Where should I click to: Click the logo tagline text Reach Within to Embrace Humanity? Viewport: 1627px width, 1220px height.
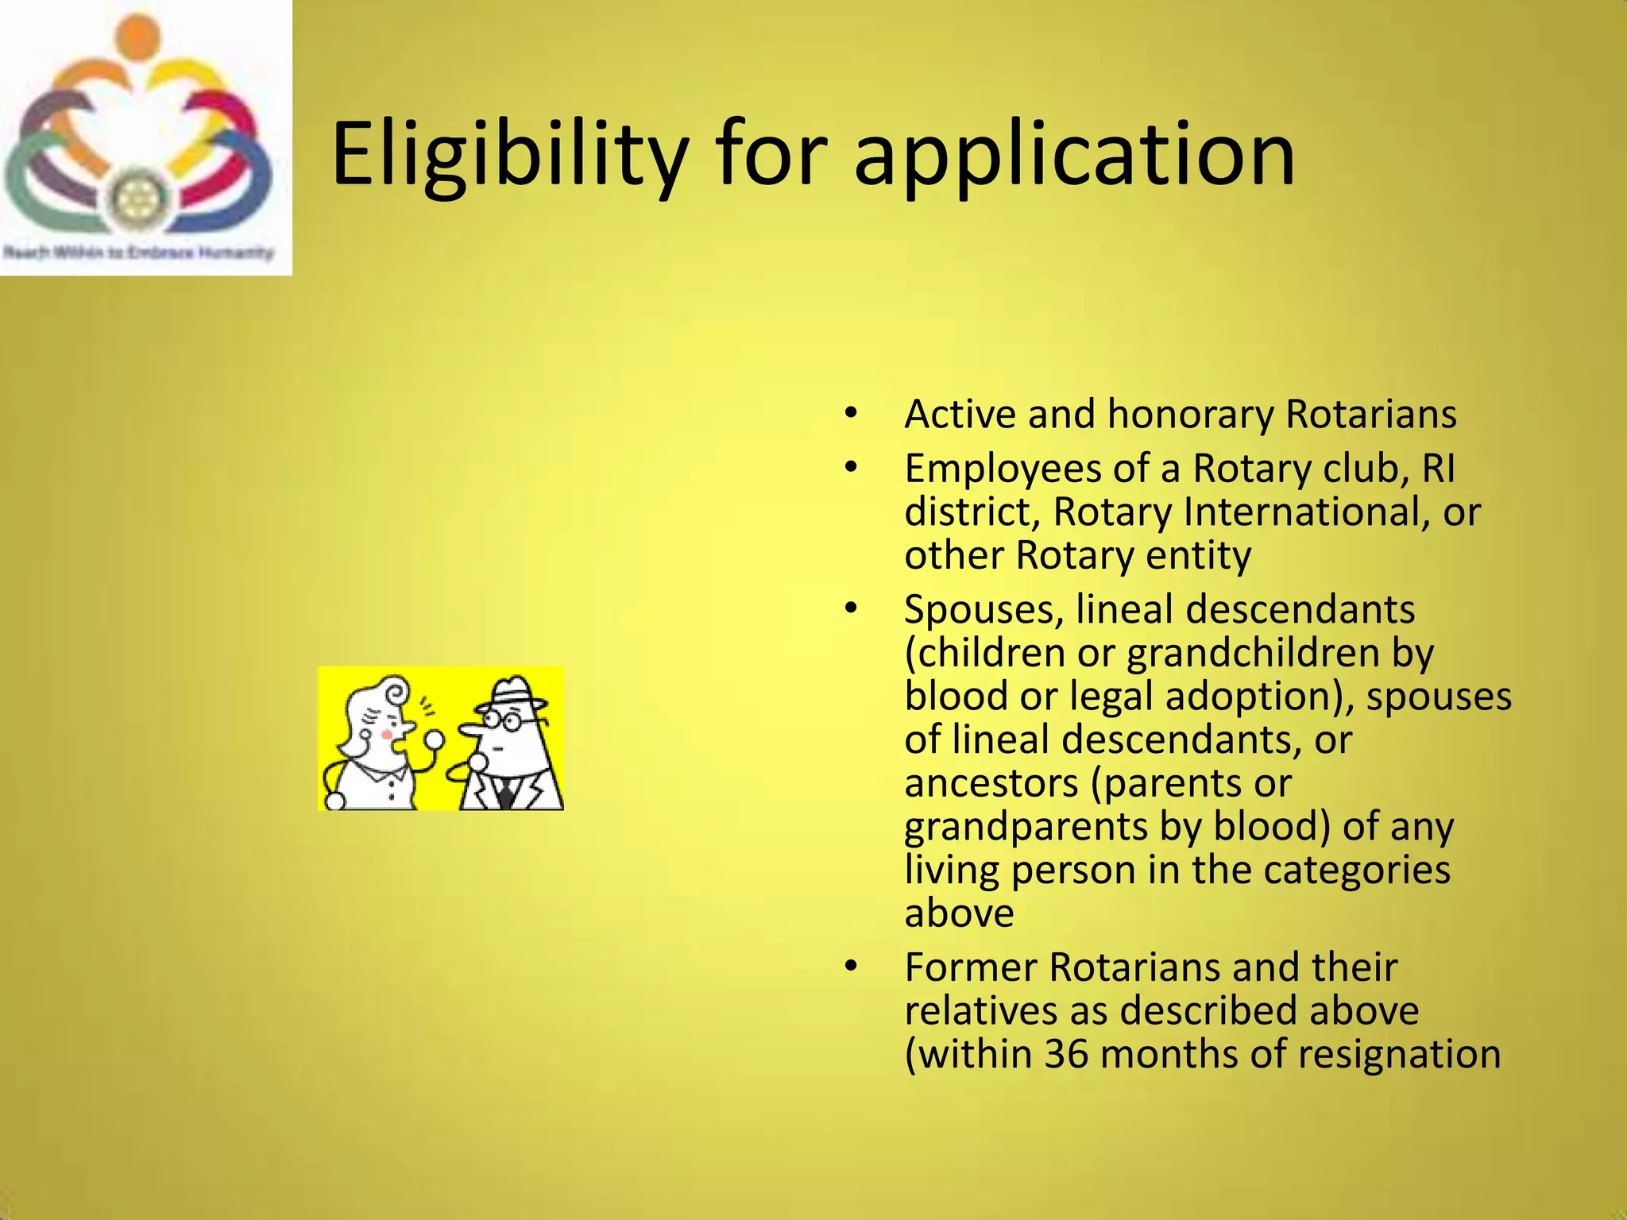(138, 253)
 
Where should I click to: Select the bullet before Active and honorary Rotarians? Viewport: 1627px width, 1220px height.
(851, 414)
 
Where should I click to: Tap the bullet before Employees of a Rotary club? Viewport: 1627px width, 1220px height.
(851, 468)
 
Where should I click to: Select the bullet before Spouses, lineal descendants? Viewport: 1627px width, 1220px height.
(851, 609)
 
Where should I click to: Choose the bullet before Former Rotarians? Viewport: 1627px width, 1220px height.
(851, 967)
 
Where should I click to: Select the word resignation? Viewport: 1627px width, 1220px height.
(1399, 1055)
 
